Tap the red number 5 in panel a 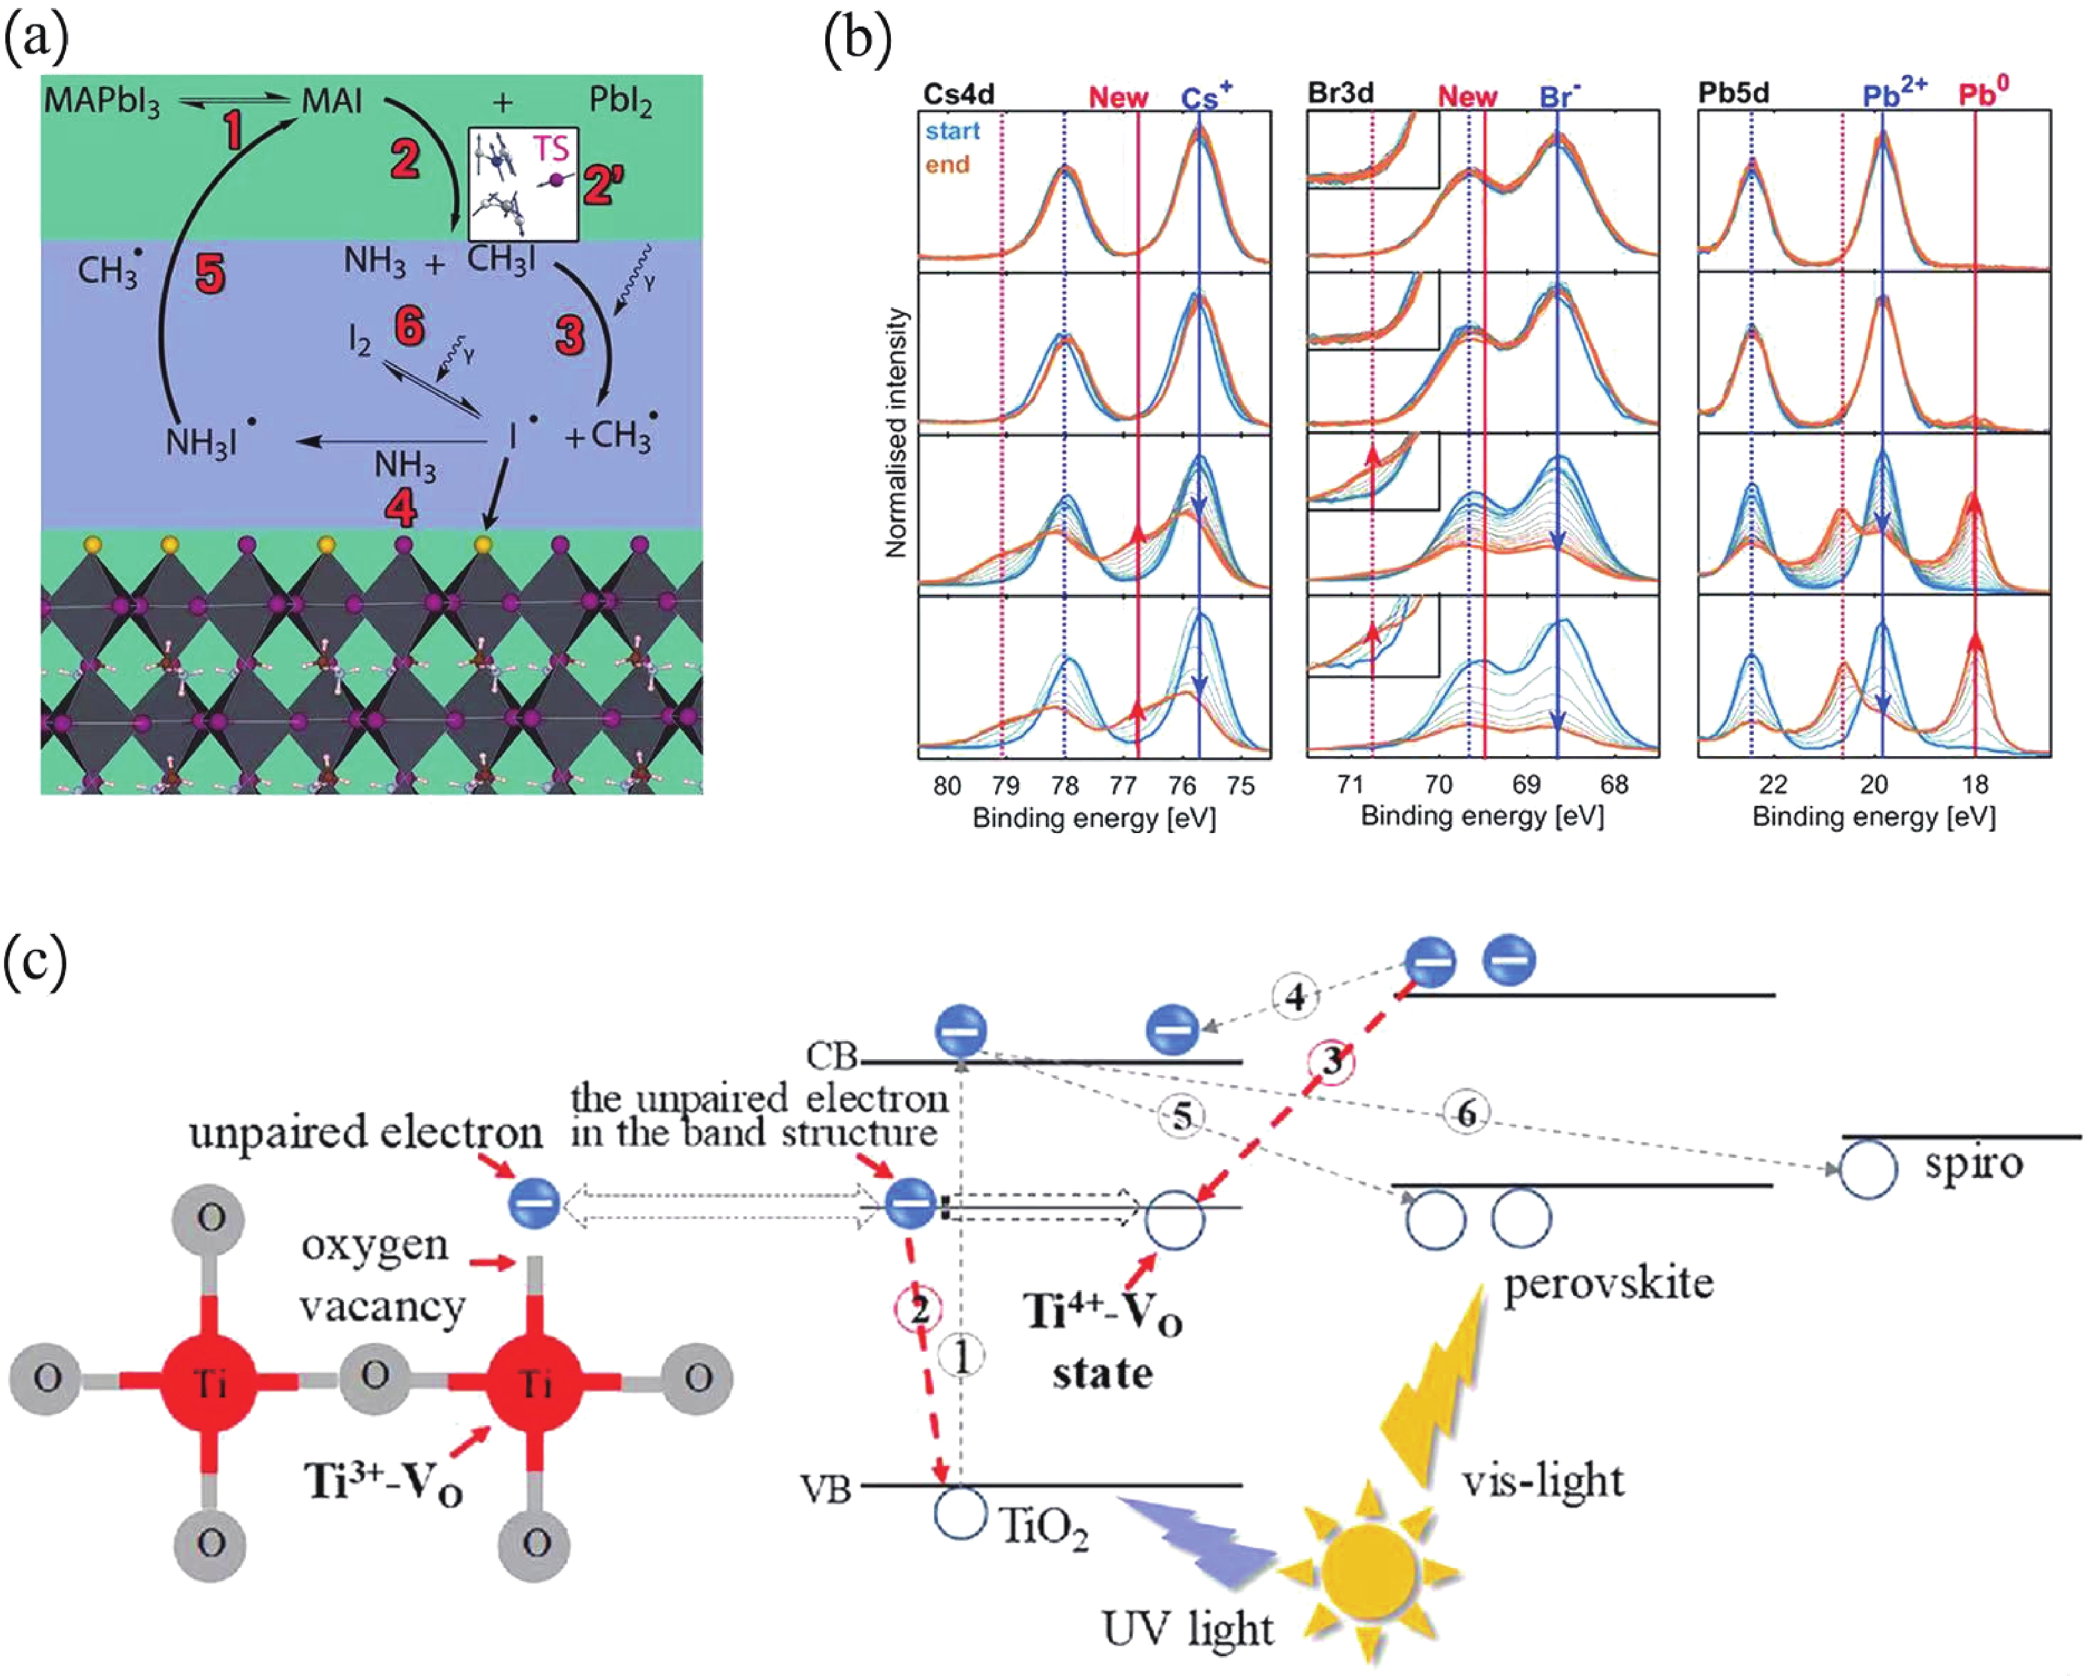(x=210, y=273)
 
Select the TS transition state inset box (x=523, y=184)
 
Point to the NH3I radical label (x=210, y=442)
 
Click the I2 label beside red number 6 (x=361, y=341)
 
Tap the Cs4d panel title (x=958, y=94)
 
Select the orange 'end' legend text (x=947, y=164)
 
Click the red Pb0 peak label (x=1983, y=93)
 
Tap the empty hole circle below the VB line (x=960, y=1512)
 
